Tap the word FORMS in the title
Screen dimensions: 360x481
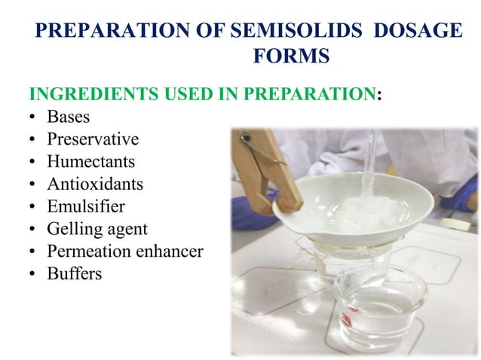(290, 56)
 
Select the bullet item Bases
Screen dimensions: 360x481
(68, 117)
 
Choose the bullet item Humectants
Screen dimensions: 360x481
(90, 162)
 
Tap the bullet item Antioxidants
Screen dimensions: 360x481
(94, 184)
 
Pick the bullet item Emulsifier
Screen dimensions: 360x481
(85, 206)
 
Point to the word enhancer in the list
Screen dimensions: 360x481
(167, 252)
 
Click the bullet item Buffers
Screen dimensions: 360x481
(74, 273)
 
